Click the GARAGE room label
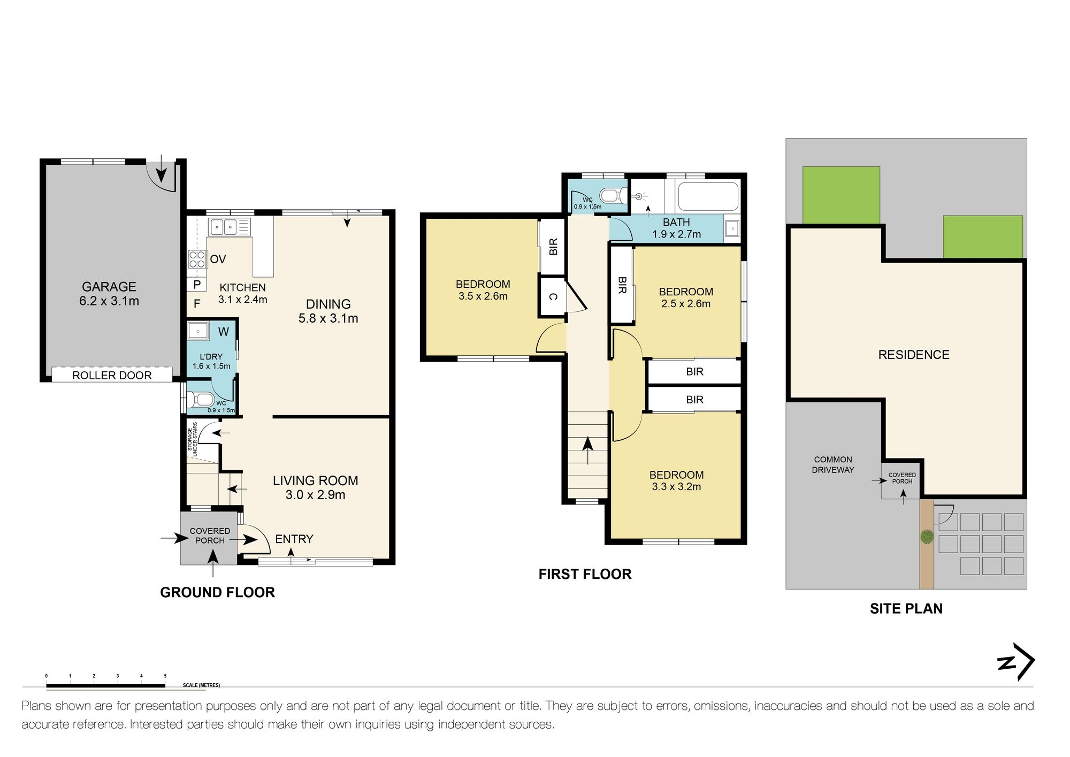click(x=109, y=287)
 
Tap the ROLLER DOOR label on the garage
click(x=112, y=376)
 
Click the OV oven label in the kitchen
click(x=218, y=259)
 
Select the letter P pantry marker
click(x=197, y=285)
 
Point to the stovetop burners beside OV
click(x=197, y=259)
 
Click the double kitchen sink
click(x=224, y=227)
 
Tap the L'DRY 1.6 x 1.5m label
click(x=211, y=362)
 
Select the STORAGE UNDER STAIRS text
click(x=192, y=440)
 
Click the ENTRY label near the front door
click(x=294, y=539)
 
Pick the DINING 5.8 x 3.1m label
click(x=328, y=311)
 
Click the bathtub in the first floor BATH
click(x=708, y=196)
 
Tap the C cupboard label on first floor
click(x=553, y=296)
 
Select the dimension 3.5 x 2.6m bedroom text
click(x=483, y=296)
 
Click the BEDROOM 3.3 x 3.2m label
click(x=676, y=480)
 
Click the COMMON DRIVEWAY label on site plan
click(x=833, y=464)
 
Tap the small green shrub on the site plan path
click(x=927, y=537)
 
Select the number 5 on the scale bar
click(x=165, y=676)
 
